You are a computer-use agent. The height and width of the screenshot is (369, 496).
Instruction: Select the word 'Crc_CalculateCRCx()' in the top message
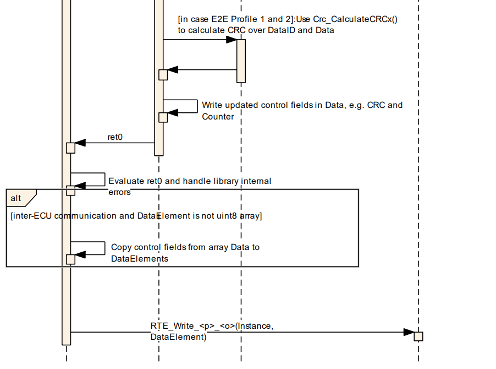coord(355,19)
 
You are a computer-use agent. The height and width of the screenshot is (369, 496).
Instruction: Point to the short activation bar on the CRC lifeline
coord(241,61)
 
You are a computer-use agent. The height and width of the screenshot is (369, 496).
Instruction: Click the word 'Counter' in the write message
coord(218,117)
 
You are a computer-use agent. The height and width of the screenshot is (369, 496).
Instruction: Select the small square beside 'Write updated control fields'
coord(163,117)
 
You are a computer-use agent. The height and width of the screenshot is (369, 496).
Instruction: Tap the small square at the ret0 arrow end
coord(70,148)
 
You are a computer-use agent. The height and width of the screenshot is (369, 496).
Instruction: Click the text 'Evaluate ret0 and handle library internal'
coord(190,181)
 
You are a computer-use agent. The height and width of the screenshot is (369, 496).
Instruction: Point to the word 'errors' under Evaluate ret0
coord(119,192)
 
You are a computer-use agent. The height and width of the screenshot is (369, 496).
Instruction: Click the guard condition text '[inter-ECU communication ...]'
coord(136,216)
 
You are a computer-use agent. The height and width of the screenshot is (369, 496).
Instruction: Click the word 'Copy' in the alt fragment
coord(120,247)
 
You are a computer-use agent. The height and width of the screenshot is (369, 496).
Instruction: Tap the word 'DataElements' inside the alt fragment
coord(140,258)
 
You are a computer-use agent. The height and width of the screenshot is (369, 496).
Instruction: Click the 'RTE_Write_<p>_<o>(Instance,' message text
coord(212,326)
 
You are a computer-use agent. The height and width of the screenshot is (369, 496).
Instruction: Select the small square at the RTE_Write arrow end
coord(418,336)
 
